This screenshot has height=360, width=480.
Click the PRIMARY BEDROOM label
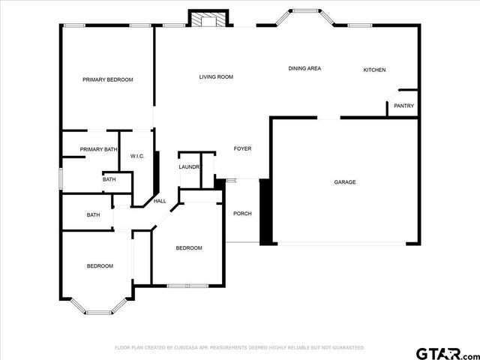(108, 79)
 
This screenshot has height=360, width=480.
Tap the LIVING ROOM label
(216, 76)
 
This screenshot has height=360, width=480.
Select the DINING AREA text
(304, 68)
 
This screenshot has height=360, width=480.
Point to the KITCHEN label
(374, 70)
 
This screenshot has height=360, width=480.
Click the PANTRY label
(403, 106)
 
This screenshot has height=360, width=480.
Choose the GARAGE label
(345, 182)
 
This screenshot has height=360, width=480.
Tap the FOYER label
(242, 148)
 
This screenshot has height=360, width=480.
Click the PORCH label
(242, 214)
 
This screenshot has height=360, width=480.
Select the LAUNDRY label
(190, 166)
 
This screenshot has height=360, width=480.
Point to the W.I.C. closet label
(137, 156)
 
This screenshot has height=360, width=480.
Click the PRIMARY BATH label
(98, 149)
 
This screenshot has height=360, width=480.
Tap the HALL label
(160, 201)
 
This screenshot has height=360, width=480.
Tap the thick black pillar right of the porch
(265, 211)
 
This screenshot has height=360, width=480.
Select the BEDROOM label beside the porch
(189, 248)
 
